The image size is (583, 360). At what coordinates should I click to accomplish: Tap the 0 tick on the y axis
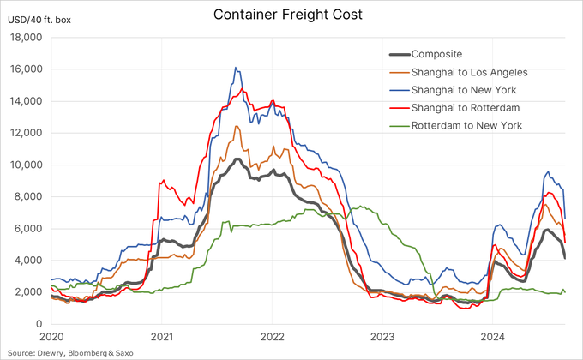40,324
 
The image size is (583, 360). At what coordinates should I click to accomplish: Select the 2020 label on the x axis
51,338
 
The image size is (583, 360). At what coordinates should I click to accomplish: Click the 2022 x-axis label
273,338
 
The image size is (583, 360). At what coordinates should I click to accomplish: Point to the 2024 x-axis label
494,338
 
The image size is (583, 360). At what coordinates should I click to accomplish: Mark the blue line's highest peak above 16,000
236,67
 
